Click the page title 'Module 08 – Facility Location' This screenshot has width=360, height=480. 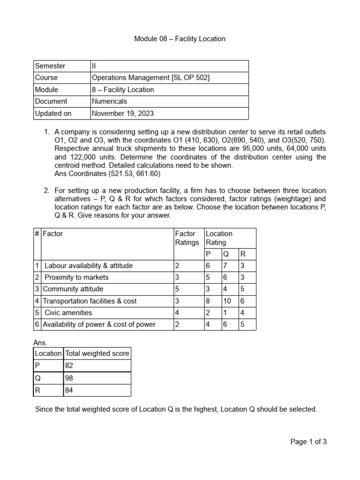pyautogui.click(x=180, y=39)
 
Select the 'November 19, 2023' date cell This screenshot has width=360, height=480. pyautogui.click(x=122, y=113)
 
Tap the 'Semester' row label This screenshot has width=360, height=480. pyautogui.click(x=50, y=66)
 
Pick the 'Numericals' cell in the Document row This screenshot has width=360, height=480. pyautogui.click(x=109, y=101)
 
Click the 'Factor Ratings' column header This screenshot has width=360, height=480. pyautogui.click(x=187, y=238)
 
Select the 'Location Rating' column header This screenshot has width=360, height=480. pyautogui.click(x=219, y=238)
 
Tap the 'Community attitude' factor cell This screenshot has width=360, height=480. pyautogui.click(x=73, y=289)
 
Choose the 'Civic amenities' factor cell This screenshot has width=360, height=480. pyautogui.click(x=68, y=313)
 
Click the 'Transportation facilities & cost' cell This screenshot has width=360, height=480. pyautogui.click(x=90, y=301)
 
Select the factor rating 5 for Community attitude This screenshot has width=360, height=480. pyautogui.click(x=177, y=289)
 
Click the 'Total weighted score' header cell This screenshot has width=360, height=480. pyautogui.click(x=97, y=353)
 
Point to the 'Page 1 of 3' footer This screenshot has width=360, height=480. pyautogui.click(x=308, y=442)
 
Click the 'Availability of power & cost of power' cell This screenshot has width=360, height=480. pyautogui.click(x=99, y=324)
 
